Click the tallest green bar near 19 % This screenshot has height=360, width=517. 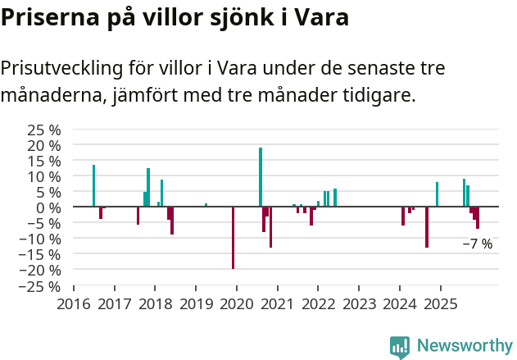[261, 177]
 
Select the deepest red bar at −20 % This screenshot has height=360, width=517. [233, 238]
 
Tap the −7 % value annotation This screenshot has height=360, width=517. [478, 244]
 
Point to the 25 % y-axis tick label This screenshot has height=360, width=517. [45, 130]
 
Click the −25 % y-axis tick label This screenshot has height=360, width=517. [42, 286]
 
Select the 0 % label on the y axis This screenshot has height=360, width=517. [48, 207]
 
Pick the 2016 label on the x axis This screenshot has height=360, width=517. [74, 304]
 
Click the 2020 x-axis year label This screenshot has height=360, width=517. [237, 304]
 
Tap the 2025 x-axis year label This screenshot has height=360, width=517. [441, 304]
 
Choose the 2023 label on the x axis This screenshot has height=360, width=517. [359, 304]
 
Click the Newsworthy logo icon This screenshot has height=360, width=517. [399, 347]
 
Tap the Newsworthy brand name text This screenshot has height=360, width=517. [465, 346]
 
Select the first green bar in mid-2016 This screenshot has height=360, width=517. [93, 186]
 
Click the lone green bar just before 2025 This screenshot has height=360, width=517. [437, 194]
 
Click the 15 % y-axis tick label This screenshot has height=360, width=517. [45, 161]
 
